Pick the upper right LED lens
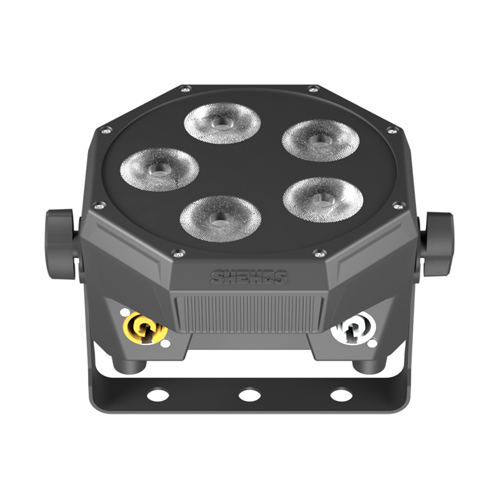pyautogui.click(x=320, y=140)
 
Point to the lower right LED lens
pyautogui.click(x=322, y=199)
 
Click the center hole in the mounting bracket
pyautogui.click(x=249, y=395)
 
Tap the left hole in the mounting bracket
pyautogui.click(x=158, y=395)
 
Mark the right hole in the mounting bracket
pyautogui.click(x=341, y=395)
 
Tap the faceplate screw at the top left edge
pyautogui.click(x=185, y=89)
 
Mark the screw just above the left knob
pyautogui.click(x=99, y=205)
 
